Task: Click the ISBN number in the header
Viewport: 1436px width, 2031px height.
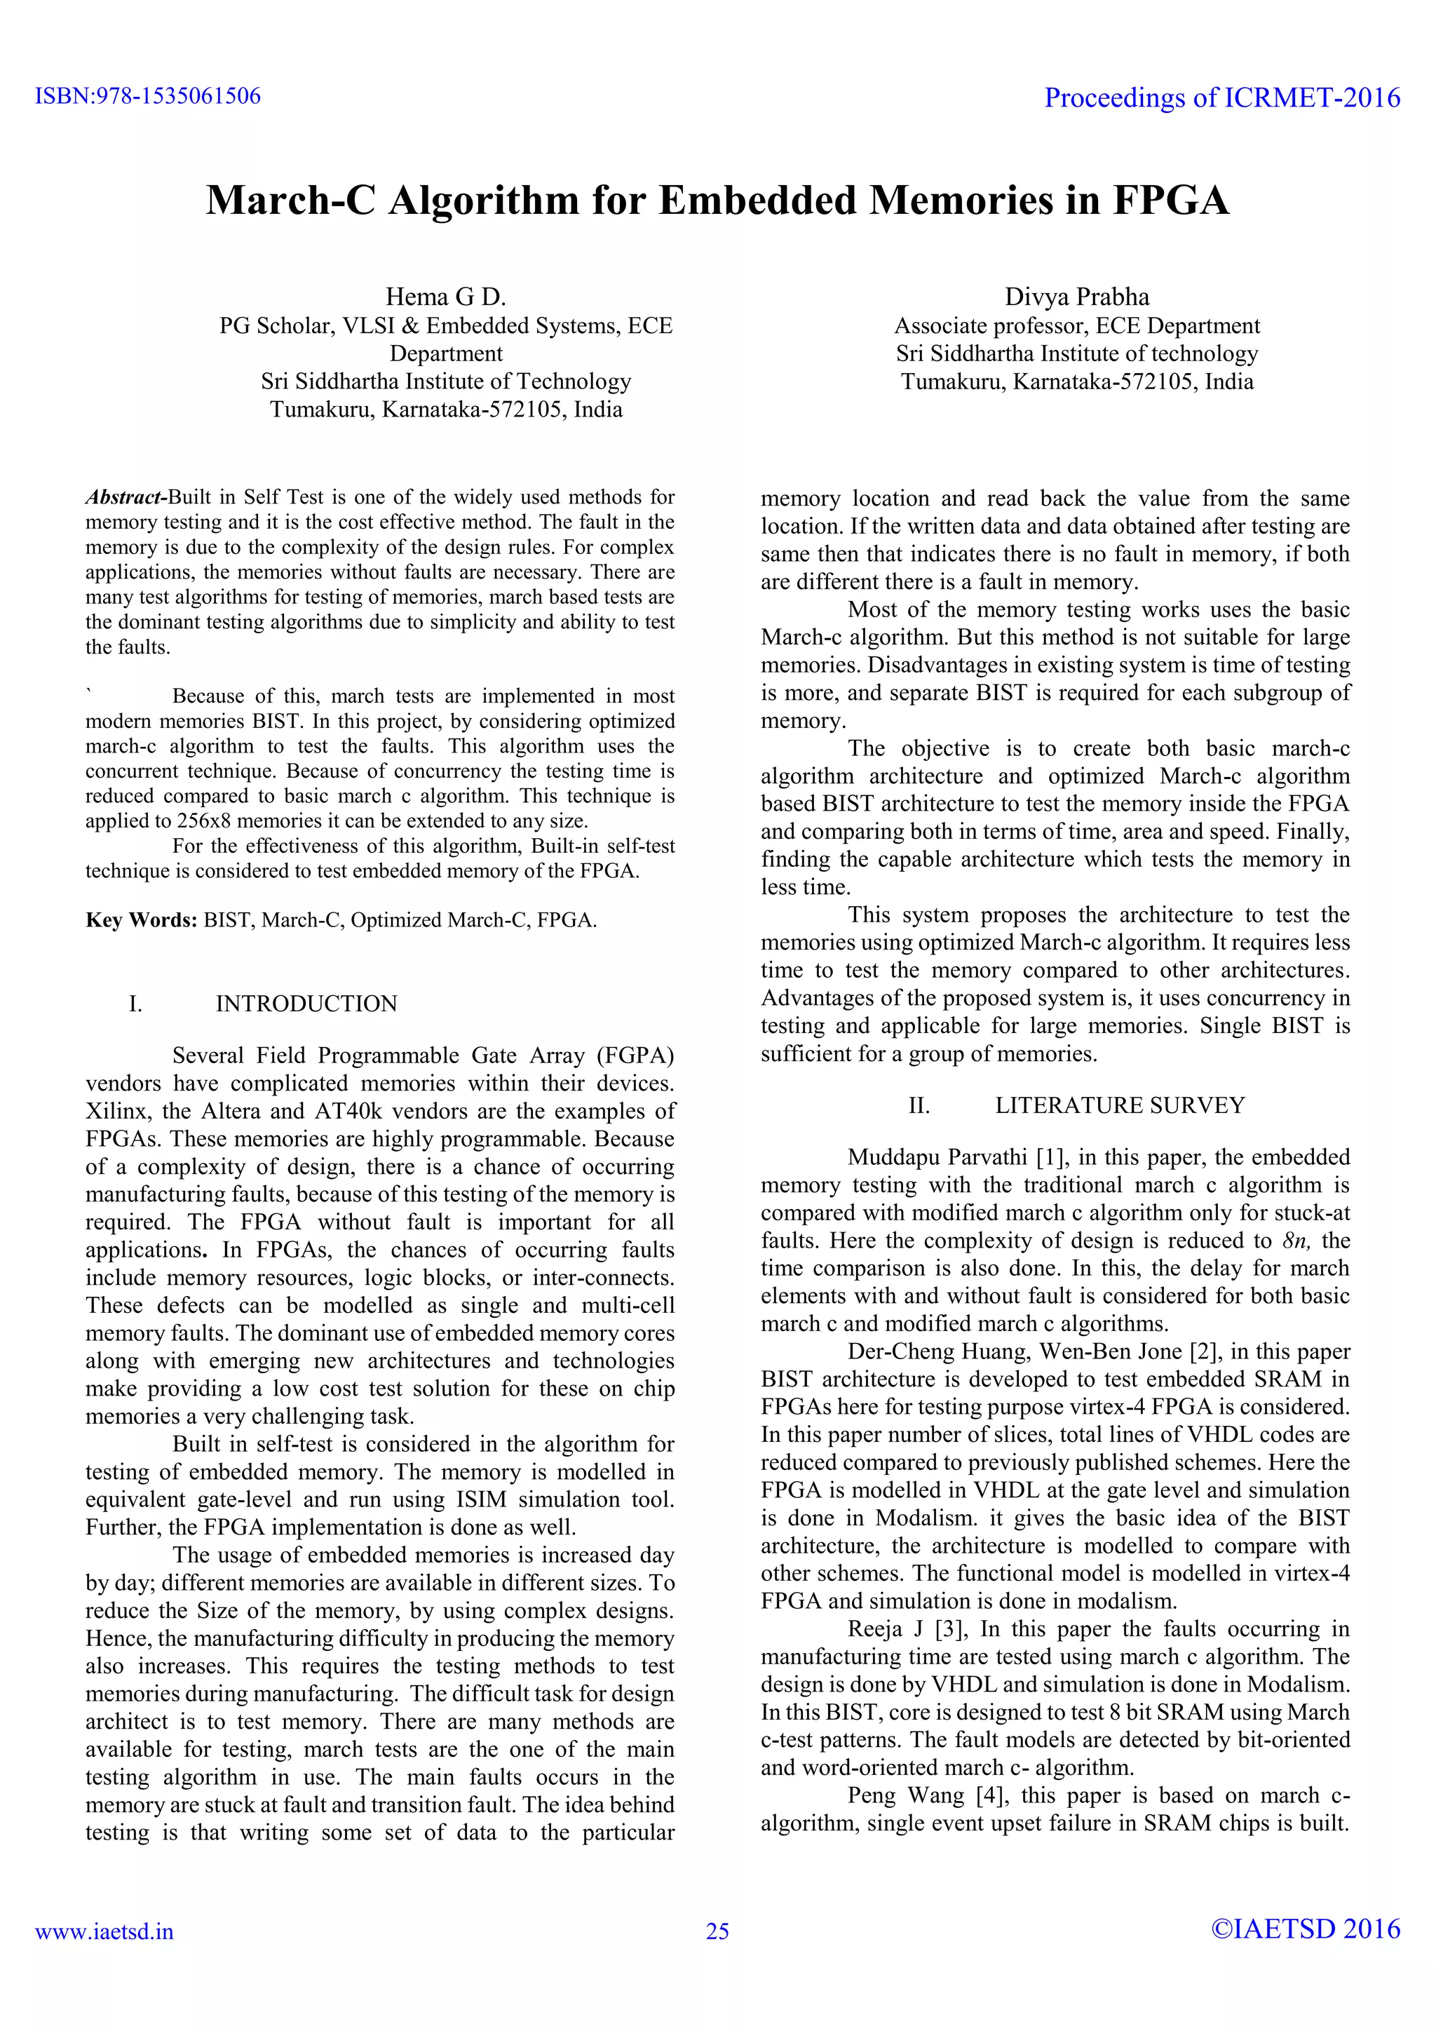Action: (148, 95)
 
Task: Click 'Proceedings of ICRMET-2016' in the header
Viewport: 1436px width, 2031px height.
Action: (1222, 97)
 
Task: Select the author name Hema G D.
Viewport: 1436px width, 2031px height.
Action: (446, 297)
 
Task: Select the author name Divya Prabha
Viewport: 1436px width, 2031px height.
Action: (1077, 297)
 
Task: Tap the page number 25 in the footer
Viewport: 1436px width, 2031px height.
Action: (717, 1932)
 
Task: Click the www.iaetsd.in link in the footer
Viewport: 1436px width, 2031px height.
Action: (104, 1932)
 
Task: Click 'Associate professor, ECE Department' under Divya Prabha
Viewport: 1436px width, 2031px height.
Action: (1077, 325)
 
